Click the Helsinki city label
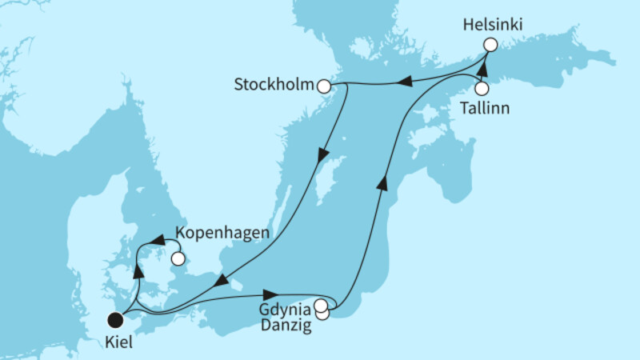click(492, 26)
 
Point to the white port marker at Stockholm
click(324, 86)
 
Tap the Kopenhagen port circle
click(178, 258)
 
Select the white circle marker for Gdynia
click(321, 305)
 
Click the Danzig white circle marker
click(322, 314)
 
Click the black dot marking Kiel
click(115, 320)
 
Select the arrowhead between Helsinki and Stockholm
click(405, 81)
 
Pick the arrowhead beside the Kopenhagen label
click(158, 238)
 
